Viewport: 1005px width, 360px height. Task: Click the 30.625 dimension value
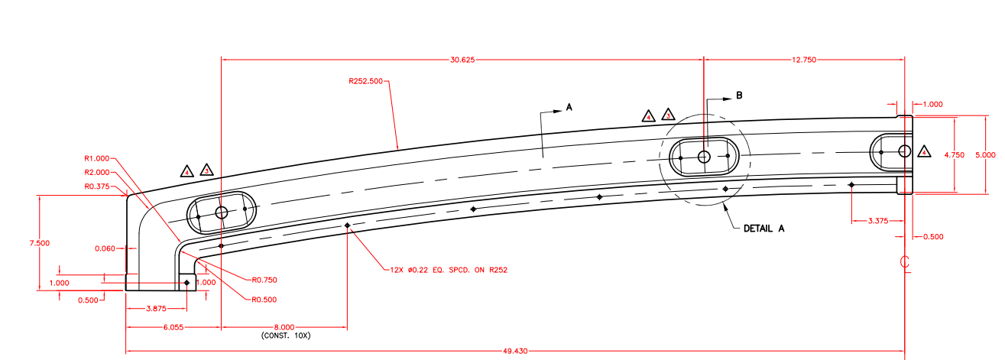pyautogui.click(x=462, y=60)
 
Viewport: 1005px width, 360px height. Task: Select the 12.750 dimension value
pyautogui.click(x=803, y=60)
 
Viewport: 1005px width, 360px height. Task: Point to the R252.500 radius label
pyautogui.click(x=365, y=81)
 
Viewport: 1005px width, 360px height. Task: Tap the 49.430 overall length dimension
pyautogui.click(x=515, y=351)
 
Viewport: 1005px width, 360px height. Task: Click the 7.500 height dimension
pyautogui.click(x=40, y=243)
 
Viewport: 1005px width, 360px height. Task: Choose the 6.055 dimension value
pyautogui.click(x=173, y=328)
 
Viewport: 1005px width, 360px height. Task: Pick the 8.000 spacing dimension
pyautogui.click(x=284, y=328)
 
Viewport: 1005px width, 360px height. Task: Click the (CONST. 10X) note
pyautogui.click(x=285, y=336)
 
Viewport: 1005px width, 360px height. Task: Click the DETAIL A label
pyautogui.click(x=763, y=229)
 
